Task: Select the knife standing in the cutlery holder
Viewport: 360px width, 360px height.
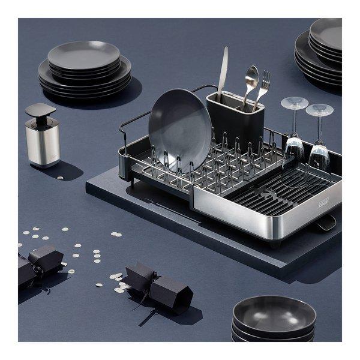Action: [x=223, y=72]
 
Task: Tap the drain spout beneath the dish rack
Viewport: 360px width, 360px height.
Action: [x=325, y=223]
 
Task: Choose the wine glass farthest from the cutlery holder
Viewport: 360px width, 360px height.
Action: [x=319, y=141]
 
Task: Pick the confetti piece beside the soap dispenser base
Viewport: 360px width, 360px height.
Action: [x=59, y=177]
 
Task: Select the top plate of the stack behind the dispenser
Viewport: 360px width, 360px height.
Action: [x=84, y=55]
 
